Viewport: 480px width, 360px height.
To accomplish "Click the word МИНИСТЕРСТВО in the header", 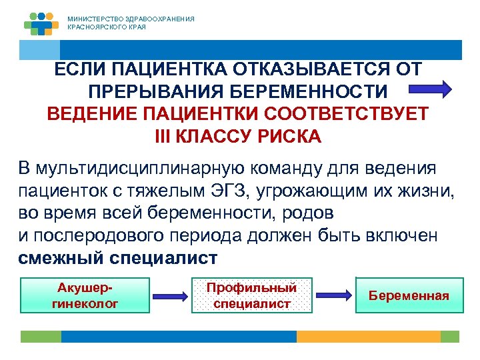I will click(93, 19).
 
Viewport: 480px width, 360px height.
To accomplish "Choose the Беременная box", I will click(409, 295).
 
